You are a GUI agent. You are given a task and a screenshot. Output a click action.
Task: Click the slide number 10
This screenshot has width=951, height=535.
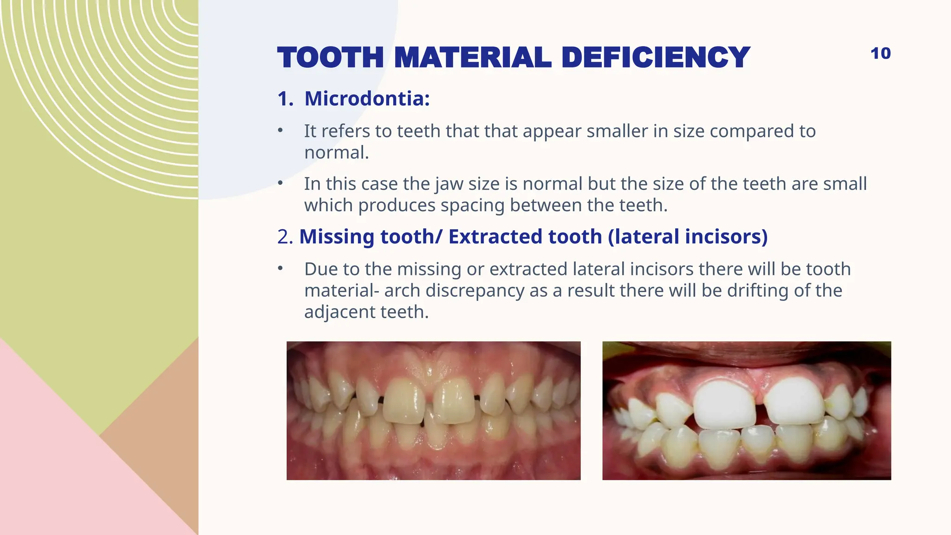tap(880, 53)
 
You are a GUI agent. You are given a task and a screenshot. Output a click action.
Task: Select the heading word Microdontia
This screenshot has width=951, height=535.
tap(367, 98)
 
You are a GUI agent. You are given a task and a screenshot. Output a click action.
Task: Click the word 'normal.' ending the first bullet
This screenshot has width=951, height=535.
tap(337, 152)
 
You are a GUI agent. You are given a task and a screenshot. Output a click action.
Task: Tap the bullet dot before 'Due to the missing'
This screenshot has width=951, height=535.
tap(280, 268)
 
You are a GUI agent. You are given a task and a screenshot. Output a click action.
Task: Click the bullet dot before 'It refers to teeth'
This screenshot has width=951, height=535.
tap(280, 130)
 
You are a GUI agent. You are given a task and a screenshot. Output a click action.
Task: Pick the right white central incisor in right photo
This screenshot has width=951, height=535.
tap(794, 402)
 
